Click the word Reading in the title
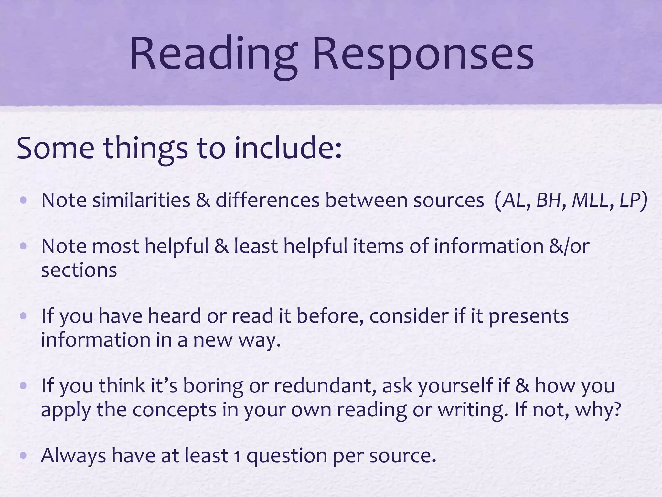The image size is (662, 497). [213, 55]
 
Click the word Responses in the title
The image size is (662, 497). [423, 55]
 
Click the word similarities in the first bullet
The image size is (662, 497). [141, 200]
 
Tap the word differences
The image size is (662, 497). [268, 200]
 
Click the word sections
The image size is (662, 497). [79, 271]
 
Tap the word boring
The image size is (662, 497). [213, 386]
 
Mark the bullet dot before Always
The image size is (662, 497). [23, 456]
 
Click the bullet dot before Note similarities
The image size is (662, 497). [23, 200]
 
